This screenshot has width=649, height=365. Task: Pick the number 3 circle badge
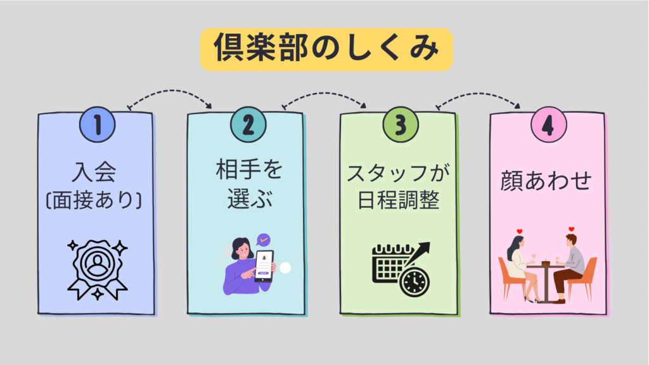(x=400, y=124)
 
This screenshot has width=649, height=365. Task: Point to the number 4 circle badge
(x=548, y=124)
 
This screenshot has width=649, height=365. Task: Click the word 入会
(x=96, y=173)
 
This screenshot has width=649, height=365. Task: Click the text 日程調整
(x=399, y=201)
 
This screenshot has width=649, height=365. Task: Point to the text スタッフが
(x=399, y=173)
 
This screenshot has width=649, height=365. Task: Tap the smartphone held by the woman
(x=264, y=266)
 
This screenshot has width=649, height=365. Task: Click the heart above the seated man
(x=571, y=229)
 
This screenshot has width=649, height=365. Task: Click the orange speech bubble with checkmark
(x=263, y=240)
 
